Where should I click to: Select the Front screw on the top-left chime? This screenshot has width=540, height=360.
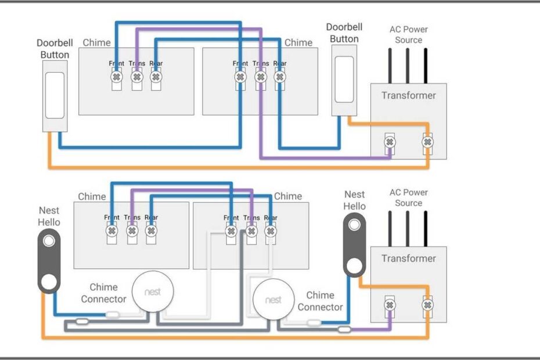pyautogui.click(x=117, y=77)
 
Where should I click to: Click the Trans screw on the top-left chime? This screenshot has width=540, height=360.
pyautogui.click(x=136, y=77)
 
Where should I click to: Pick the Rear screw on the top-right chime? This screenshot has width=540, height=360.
pyautogui.click(x=280, y=77)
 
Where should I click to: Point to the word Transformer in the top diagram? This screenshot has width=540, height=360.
pyautogui.click(x=408, y=95)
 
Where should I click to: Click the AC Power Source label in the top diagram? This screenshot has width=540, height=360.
pyautogui.click(x=408, y=34)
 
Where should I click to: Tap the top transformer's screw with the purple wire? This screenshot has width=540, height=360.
pyautogui.click(x=390, y=142)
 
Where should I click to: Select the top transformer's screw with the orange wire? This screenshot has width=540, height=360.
pyautogui.click(x=427, y=142)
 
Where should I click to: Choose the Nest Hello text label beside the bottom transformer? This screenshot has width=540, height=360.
pyautogui.click(x=354, y=200)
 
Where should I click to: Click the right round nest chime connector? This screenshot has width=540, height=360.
pyautogui.click(x=273, y=300)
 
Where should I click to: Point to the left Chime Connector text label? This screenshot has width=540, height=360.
pyautogui.click(x=103, y=293)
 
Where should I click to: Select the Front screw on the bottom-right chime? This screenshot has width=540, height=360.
pyautogui.click(x=231, y=231)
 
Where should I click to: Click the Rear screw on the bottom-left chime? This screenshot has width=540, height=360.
pyautogui.click(x=151, y=231)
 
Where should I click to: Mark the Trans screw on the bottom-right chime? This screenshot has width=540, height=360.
pyautogui.click(x=251, y=231)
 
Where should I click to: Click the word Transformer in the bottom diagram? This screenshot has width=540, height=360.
pyautogui.click(x=408, y=258)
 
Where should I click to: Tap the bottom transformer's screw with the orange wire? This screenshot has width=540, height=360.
pyautogui.click(x=427, y=305)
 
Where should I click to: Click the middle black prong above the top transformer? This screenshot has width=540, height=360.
pyautogui.click(x=408, y=64)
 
